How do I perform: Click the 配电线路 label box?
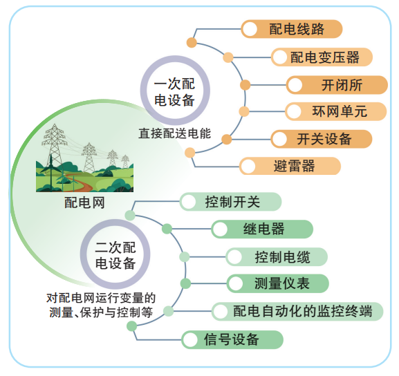click(291, 29)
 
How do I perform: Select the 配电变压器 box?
click(321, 57)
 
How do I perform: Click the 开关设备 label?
click(321, 139)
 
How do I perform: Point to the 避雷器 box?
click(290, 166)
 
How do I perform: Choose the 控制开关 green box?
click(231, 202)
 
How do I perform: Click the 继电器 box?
click(262, 229)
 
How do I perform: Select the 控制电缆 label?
click(277, 257)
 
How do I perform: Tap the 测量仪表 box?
click(277, 283)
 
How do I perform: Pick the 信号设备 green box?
click(232, 339)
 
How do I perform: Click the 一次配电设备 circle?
click(173, 90)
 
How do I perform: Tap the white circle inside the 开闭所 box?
click(295, 85)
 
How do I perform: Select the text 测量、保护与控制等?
click(101, 312)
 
